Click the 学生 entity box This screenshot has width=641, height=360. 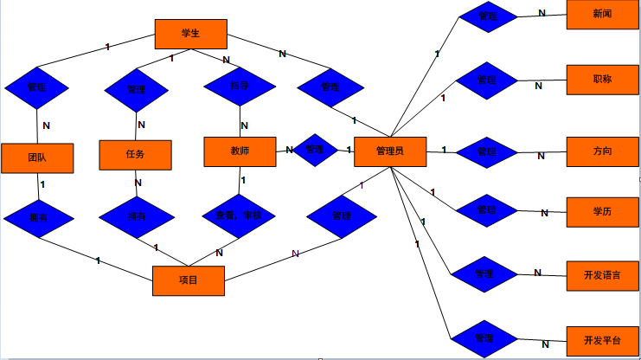click(191, 35)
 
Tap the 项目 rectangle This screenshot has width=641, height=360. click(189, 280)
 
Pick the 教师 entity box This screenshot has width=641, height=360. click(240, 151)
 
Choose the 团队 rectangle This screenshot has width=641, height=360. click(37, 157)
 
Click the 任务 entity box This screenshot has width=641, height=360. click(135, 155)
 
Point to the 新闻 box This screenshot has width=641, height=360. click(603, 15)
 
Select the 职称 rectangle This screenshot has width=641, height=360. click(603, 79)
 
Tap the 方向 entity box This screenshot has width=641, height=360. click(603, 151)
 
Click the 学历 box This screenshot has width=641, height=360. click(603, 210)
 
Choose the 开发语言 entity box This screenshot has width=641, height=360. click(603, 274)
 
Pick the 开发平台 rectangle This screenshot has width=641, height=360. click(603, 339)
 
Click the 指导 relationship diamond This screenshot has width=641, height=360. click(240, 87)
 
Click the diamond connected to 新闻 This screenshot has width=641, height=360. click(488, 16)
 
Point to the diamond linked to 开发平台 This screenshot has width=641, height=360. click(484, 338)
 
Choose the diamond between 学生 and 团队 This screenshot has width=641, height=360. click(36, 87)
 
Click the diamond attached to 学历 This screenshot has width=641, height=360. click(487, 210)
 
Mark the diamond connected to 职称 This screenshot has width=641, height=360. click(487, 80)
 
